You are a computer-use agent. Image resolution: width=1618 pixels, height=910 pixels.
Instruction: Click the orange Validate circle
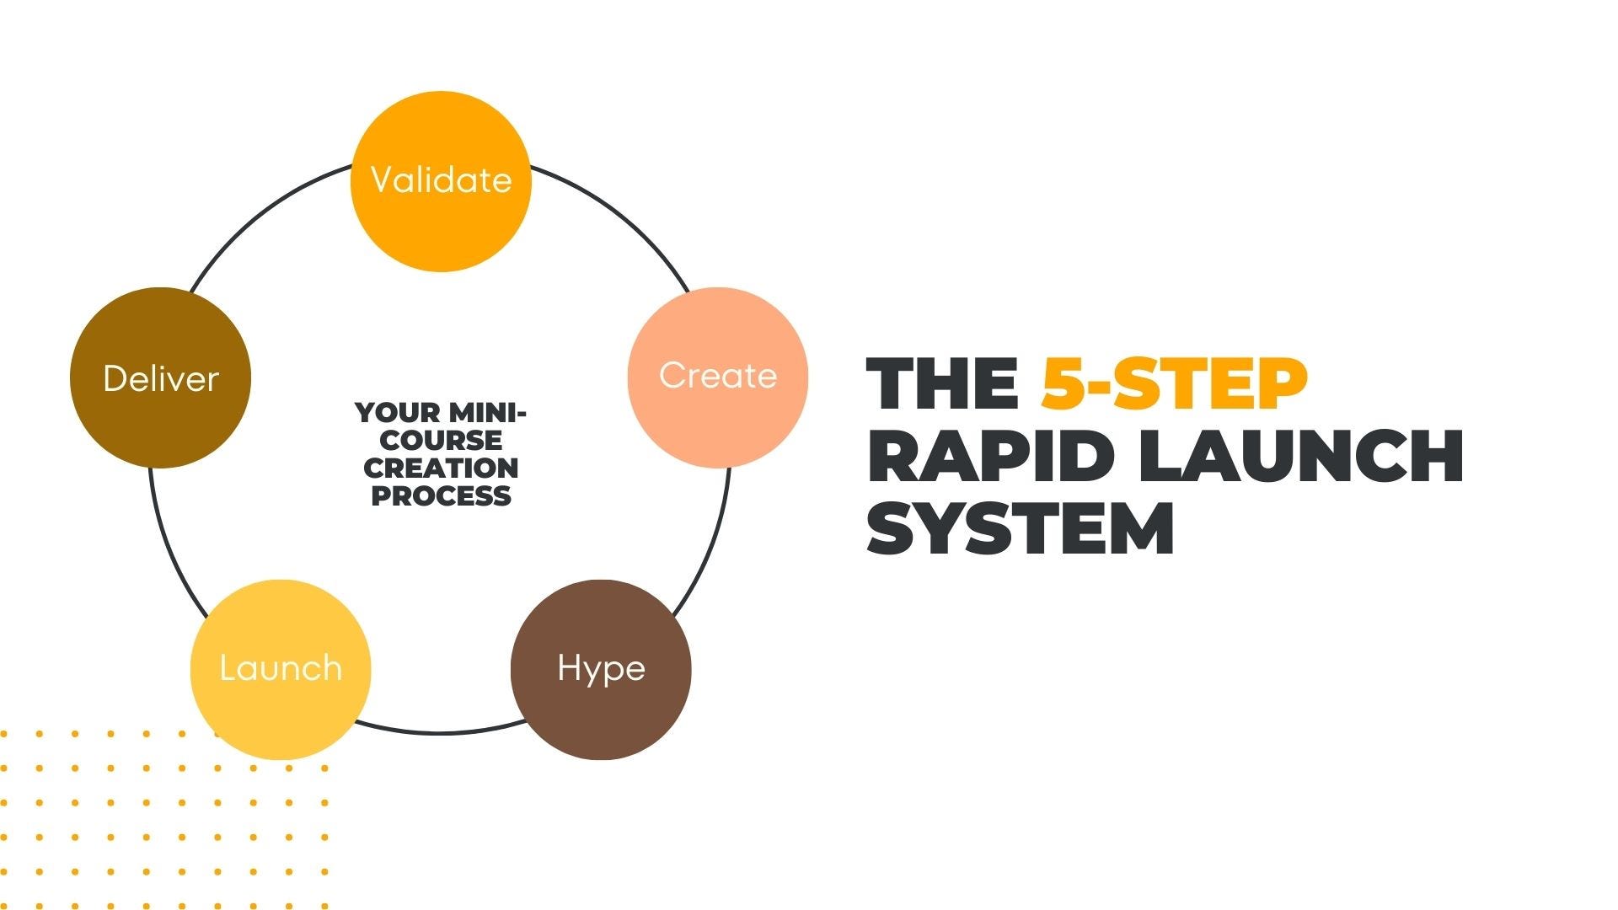point(441,181)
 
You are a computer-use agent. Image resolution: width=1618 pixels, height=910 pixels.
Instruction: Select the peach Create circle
point(718,377)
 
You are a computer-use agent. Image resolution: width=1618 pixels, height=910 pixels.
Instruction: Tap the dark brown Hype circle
point(601,670)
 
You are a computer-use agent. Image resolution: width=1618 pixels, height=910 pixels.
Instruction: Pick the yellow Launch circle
point(281,670)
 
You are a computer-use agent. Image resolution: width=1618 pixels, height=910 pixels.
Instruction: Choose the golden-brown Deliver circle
point(160,377)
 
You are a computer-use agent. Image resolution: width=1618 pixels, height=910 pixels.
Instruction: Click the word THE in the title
point(942,383)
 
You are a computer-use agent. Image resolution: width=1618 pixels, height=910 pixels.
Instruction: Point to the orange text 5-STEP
point(1174,383)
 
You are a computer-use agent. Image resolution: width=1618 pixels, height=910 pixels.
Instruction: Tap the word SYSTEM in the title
point(1021,528)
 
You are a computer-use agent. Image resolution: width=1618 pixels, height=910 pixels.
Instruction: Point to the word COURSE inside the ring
point(441,441)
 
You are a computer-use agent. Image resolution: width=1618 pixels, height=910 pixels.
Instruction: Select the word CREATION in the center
point(441,468)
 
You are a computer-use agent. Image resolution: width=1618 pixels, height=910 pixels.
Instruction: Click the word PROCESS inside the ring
point(441,495)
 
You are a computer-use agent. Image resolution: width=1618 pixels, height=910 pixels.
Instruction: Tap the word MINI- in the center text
point(488,413)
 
